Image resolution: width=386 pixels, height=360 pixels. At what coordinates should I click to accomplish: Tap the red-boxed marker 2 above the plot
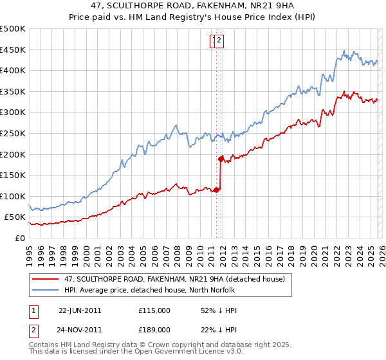tap(219, 42)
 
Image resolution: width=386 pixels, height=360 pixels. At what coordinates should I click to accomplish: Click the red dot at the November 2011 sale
tap(221, 158)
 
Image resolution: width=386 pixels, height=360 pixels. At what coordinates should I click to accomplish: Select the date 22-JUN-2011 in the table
tap(80, 310)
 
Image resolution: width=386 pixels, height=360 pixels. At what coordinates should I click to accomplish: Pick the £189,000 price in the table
tap(154, 329)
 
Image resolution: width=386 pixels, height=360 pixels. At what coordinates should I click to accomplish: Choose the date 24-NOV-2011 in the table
tap(80, 329)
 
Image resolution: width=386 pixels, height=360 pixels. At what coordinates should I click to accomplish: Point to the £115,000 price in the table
tap(154, 310)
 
